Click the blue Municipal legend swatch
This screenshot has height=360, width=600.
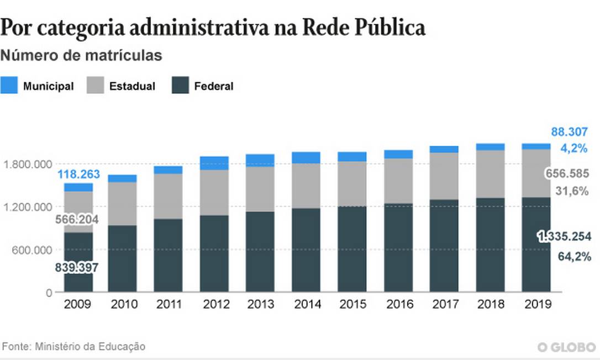9,86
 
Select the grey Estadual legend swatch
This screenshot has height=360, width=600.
95,86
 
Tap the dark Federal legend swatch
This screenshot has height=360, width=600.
180,86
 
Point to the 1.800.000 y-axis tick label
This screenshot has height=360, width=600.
27,164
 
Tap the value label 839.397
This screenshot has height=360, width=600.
76,268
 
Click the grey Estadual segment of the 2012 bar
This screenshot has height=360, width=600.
214,192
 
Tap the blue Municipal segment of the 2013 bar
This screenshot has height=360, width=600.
260,160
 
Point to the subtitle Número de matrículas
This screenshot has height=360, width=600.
81,56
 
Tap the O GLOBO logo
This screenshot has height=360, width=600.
567,347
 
